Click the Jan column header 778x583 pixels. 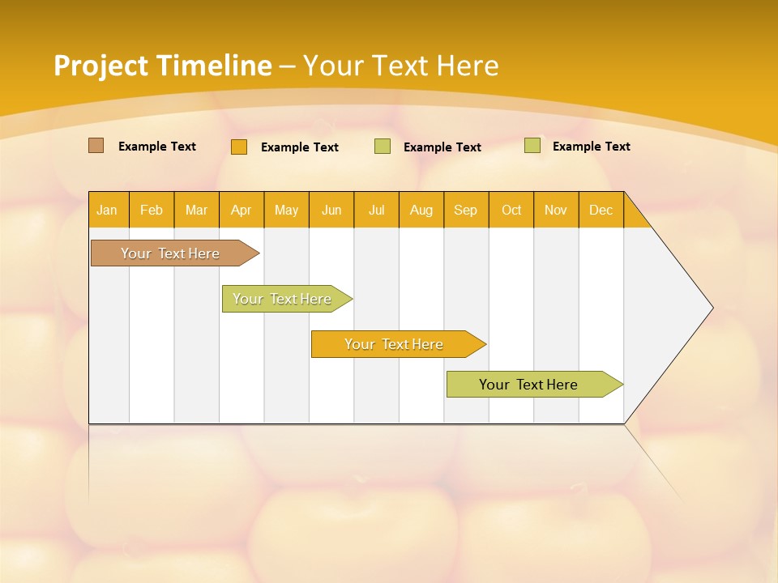[x=108, y=210]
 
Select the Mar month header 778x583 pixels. [x=196, y=210]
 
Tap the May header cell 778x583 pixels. [x=286, y=210]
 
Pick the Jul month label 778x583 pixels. [x=376, y=210]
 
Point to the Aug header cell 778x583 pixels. [x=421, y=210]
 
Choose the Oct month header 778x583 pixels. [x=511, y=210]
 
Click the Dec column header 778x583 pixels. [x=601, y=210]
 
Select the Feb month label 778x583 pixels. [x=152, y=210]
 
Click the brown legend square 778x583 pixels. [x=96, y=146]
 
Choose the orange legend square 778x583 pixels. [x=238, y=147]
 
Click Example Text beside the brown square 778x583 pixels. [x=157, y=147]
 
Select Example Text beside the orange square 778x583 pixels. [x=300, y=147]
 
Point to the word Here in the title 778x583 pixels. [x=468, y=66]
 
